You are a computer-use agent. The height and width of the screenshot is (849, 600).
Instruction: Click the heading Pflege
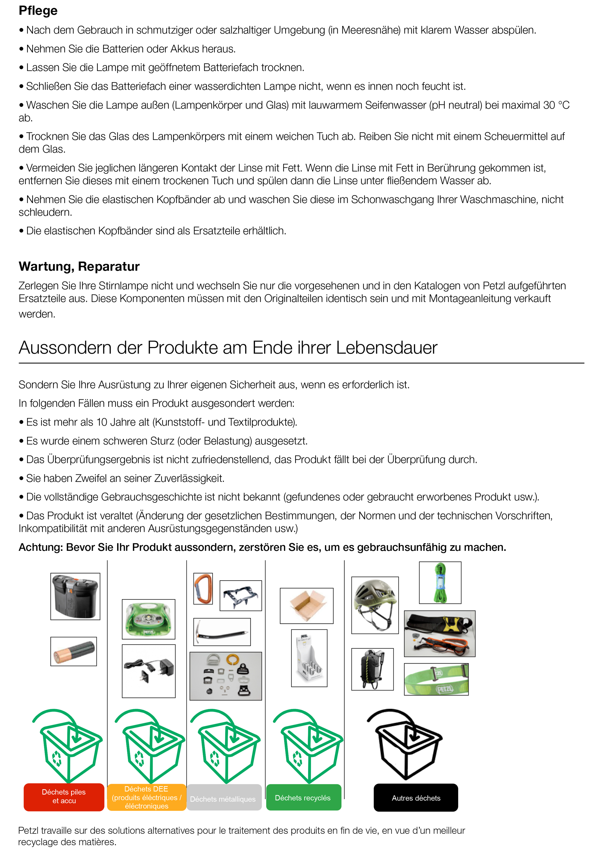38,11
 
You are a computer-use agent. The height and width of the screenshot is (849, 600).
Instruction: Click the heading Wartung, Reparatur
79,266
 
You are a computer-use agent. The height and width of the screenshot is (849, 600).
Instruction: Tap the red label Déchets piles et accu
64,796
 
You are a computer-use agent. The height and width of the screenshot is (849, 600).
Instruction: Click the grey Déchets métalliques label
223,799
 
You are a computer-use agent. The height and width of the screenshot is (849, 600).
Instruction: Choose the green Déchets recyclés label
303,798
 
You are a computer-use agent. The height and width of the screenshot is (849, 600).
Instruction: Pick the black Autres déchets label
416,798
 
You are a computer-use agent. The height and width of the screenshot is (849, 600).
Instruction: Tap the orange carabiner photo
203,588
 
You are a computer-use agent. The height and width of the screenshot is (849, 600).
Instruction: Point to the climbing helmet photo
375,605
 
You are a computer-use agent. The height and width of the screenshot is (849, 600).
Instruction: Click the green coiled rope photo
440,582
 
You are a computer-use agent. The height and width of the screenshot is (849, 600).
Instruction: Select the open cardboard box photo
307,606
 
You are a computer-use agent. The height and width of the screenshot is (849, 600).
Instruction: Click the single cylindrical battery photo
74,651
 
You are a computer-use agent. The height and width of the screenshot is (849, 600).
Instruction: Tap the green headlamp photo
149,619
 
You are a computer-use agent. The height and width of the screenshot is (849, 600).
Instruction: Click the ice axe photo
222,632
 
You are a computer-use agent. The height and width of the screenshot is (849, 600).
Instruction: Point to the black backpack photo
372,669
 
